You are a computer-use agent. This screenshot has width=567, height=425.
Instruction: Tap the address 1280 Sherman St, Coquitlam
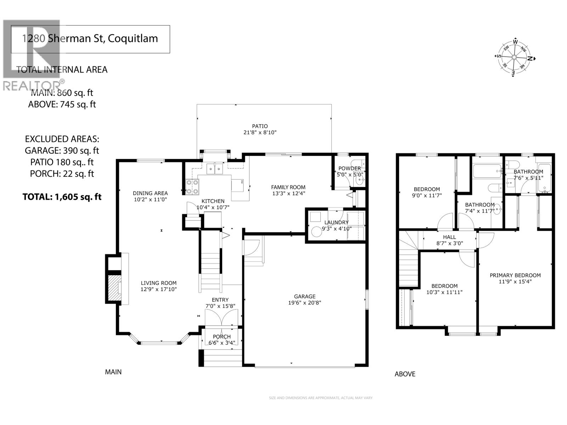pos(90,39)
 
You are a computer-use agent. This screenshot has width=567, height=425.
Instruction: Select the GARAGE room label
pos(304,299)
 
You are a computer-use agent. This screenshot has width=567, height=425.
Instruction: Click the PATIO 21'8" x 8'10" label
pos(260,129)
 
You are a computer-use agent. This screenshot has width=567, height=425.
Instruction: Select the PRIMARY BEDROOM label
pos(515,278)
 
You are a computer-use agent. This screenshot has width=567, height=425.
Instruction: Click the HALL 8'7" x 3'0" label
pos(449,240)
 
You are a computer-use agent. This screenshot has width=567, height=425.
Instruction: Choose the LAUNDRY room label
pos(336,225)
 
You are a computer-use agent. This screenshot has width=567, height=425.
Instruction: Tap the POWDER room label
pos(349,171)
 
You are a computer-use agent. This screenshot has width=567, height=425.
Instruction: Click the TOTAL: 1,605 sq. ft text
pos(62,197)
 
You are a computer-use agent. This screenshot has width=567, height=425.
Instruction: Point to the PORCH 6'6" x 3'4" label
pos(221,339)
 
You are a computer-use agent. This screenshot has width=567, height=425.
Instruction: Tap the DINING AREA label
pos(150,196)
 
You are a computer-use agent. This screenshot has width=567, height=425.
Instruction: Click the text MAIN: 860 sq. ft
pos(62,93)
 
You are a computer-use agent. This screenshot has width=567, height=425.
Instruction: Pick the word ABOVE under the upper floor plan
pos(405,374)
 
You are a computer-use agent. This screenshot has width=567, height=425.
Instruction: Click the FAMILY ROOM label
pos(288,190)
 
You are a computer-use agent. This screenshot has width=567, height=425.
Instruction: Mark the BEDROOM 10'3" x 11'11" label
pos(444,289)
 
